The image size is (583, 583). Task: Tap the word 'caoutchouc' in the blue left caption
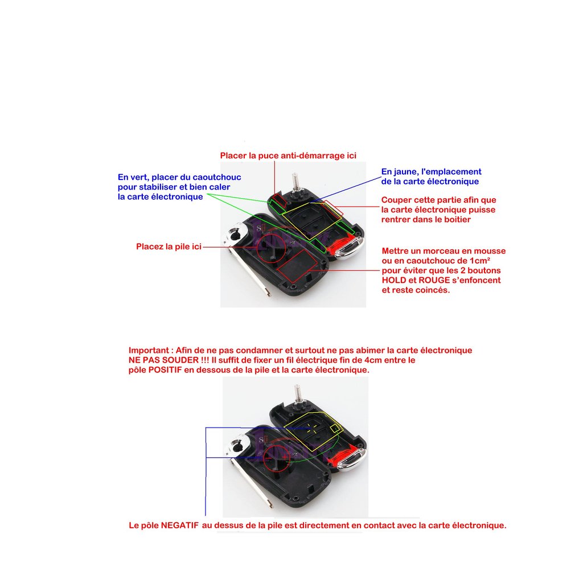tap(217, 177)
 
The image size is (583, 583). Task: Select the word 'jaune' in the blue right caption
tap(407, 172)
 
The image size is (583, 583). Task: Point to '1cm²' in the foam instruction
tap(479, 261)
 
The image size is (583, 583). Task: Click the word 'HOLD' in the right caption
tap(394, 280)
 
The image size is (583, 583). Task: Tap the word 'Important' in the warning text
tap(149, 351)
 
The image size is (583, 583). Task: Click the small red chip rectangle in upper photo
tap(279, 200)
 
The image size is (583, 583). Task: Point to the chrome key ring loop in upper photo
tap(236, 233)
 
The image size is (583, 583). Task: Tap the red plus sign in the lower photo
tap(285, 457)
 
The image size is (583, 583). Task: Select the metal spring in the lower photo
tap(298, 394)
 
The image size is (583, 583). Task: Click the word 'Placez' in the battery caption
tap(147, 247)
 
